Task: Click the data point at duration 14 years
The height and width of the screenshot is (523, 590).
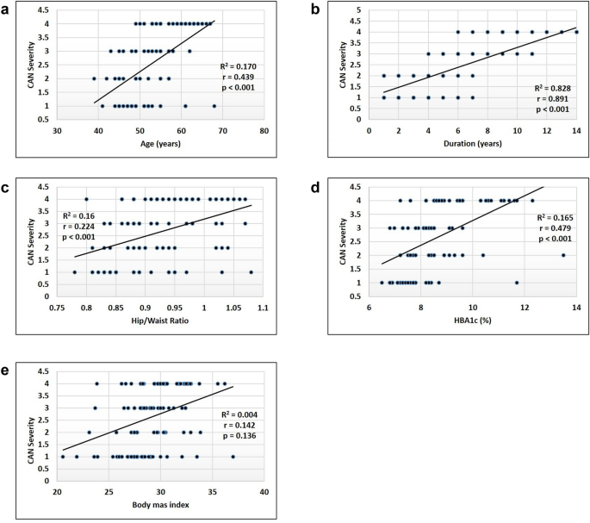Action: click(576, 32)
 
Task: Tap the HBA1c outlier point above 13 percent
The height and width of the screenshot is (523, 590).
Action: click(563, 255)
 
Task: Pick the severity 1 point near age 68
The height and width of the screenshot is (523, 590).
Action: click(214, 106)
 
